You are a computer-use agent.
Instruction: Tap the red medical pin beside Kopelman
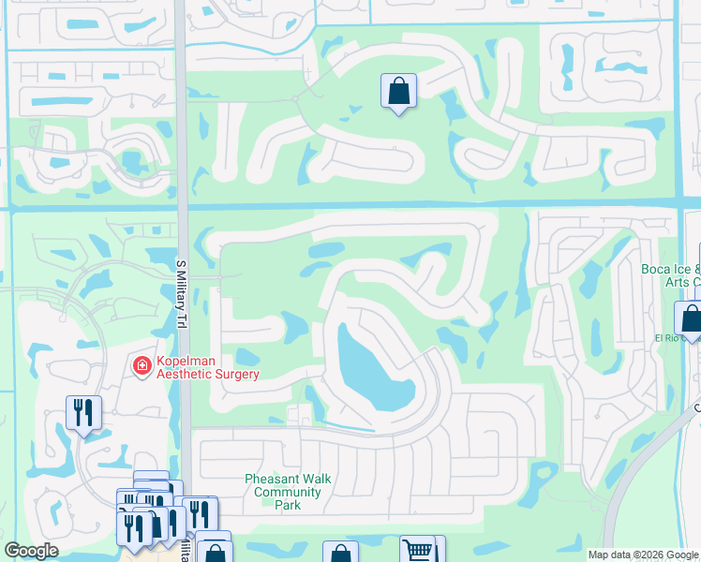pos(142,365)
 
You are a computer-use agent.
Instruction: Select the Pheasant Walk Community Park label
pos(288,492)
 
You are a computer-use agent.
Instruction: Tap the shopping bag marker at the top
pos(398,92)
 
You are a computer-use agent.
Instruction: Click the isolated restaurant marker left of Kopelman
pos(83,413)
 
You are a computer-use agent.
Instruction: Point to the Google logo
pos(31,551)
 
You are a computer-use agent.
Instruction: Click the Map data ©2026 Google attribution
pos(643,555)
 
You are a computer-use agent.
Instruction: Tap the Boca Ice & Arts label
pos(671,275)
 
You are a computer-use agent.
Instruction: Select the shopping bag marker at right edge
pos(691,318)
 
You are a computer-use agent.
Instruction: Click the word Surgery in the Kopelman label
pos(233,374)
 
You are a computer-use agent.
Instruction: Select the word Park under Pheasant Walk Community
pos(288,505)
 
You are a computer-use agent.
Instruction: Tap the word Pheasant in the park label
pos(272,479)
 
